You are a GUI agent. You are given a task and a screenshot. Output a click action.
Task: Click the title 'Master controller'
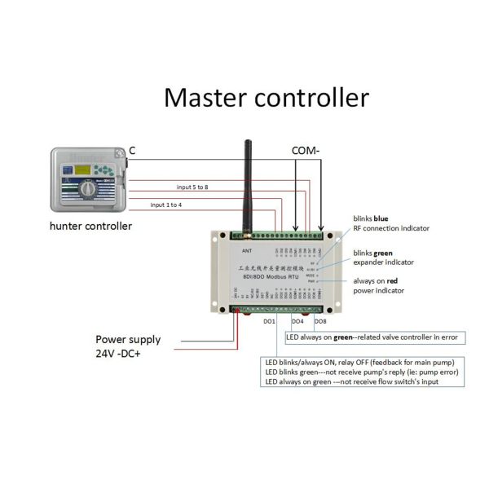point(266,98)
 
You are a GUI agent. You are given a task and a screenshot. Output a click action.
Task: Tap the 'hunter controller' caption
point(90,226)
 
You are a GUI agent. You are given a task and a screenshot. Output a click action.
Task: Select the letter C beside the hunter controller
point(133,151)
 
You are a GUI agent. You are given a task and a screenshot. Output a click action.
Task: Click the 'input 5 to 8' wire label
point(192,187)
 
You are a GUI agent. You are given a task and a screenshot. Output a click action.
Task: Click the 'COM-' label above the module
point(307,151)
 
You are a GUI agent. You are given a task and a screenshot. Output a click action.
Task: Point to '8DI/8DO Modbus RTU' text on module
point(270,277)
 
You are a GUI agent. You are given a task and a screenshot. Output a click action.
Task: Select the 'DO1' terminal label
point(269,323)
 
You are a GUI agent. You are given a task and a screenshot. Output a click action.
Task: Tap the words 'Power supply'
point(128,339)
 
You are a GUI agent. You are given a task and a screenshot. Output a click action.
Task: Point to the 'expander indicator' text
point(383,262)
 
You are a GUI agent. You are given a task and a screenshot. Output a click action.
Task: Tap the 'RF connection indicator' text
point(391,228)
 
